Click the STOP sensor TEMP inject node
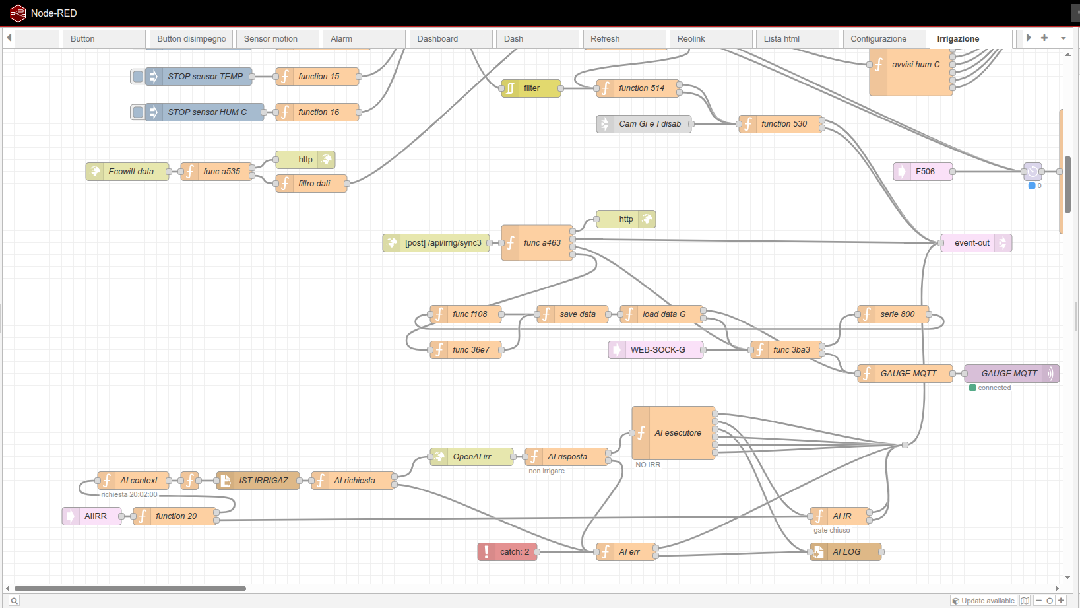point(198,76)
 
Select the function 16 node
point(317,112)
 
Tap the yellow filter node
point(531,88)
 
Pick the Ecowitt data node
point(127,171)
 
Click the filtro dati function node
point(311,184)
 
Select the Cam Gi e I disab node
point(644,124)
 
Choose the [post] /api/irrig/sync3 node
point(436,243)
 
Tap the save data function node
point(572,314)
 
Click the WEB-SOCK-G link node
point(656,350)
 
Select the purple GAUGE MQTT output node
point(1012,374)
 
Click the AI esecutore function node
point(674,433)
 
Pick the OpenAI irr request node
point(472,456)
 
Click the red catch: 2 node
point(507,551)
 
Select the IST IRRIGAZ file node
point(258,481)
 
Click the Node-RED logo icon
point(18,13)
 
